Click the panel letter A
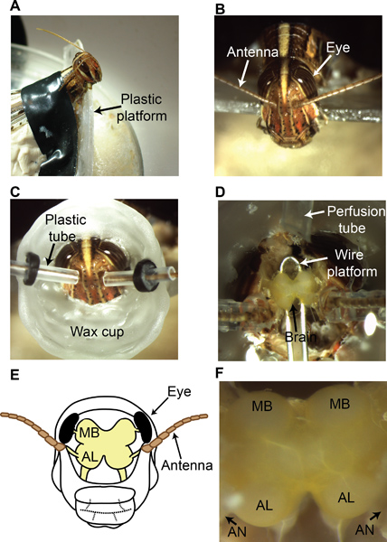point(15,6)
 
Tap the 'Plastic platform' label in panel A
point(141,107)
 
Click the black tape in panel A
point(50,121)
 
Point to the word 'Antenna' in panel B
point(253,51)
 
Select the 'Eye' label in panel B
point(338,47)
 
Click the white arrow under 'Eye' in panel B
point(322,65)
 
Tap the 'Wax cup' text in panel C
point(97,332)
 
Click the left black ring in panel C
point(32,268)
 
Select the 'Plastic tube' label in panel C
point(61,228)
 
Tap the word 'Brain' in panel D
point(300,337)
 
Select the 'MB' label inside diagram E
point(90,433)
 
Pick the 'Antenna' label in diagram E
point(187,465)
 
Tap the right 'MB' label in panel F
point(339,404)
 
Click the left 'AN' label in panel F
point(238,530)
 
